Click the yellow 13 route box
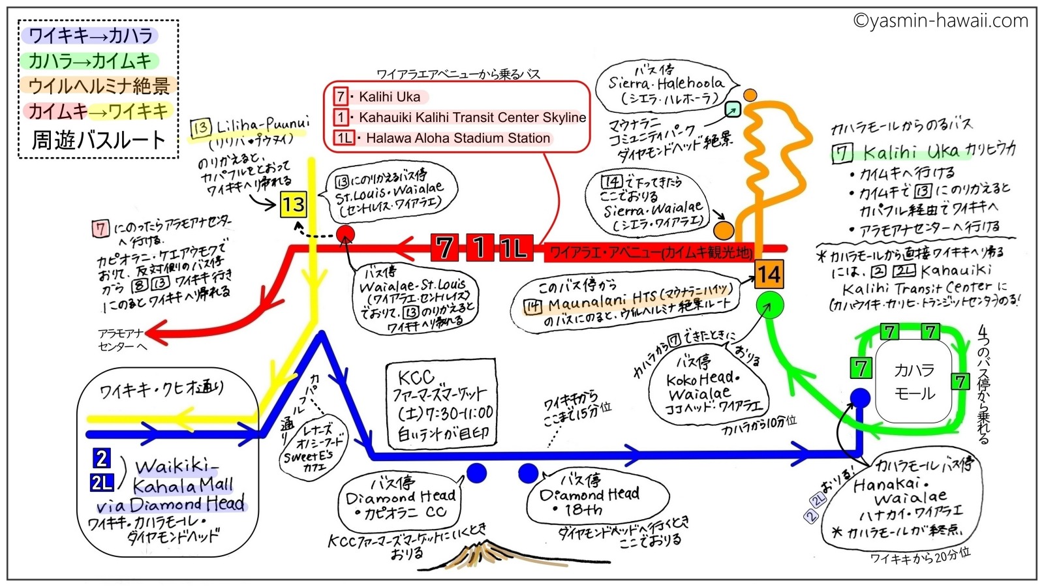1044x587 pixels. pos(293,205)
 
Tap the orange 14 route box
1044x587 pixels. pos(769,275)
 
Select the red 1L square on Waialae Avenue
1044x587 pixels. pos(515,248)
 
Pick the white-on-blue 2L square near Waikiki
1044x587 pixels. pos(102,483)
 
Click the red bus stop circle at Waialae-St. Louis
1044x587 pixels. pos(345,234)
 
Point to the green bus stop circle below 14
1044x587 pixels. pos(769,305)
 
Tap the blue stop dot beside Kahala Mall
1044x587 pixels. pos(860,397)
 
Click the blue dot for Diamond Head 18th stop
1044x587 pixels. pos(529,474)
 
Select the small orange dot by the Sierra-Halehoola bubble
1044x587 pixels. pos(750,95)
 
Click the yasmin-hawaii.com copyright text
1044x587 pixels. pos(940,21)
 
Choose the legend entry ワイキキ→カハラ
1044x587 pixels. pos(90,35)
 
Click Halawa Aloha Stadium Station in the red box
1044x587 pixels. pos(457,138)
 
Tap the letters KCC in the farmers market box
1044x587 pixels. pos(416,377)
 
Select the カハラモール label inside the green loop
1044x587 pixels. pos(914,382)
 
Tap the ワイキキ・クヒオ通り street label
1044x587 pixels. pos(161,389)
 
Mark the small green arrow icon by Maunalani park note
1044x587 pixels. pos(732,110)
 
